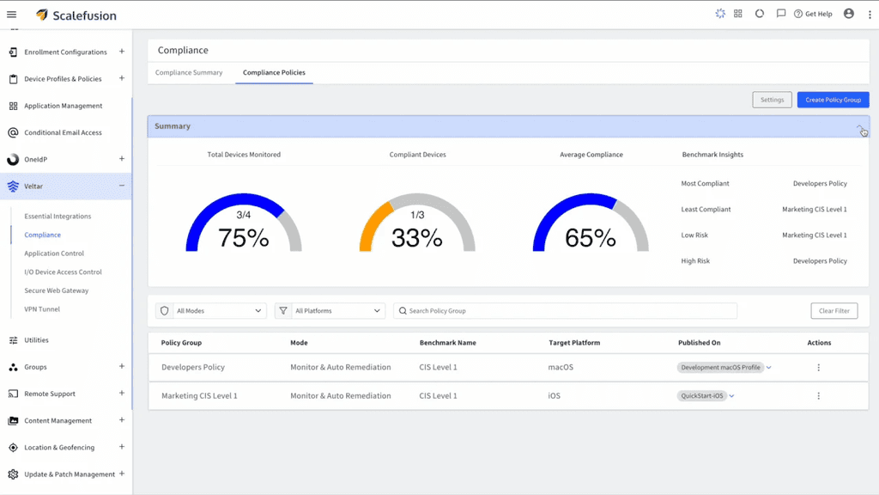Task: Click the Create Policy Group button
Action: pyautogui.click(x=833, y=100)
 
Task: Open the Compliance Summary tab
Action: pyautogui.click(x=189, y=72)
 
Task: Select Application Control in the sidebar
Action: pyautogui.click(x=54, y=254)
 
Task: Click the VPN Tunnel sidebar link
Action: pyautogui.click(x=42, y=309)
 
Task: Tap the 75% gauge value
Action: pyautogui.click(x=243, y=238)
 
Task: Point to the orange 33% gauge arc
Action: pyautogui.click(x=371, y=224)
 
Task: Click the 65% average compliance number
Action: pyautogui.click(x=591, y=238)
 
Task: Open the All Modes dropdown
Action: pyautogui.click(x=211, y=311)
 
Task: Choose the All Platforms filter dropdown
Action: pyautogui.click(x=330, y=311)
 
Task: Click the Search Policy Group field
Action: pyautogui.click(x=565, y=311)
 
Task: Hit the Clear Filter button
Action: pyautogui.click(x=834, y=311)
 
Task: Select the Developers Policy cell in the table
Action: pyautogui.click(x=193, y=367)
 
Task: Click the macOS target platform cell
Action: pyautogui.click(x=561, y=367)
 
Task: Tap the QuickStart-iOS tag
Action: pyautogui.click(x=702, y=395)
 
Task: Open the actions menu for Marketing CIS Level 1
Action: pyautogui.click(x=818, y=395)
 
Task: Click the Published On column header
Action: pyautogui.click(x=699, y=343)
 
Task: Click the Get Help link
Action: pyautogui.click(x=813, y=14)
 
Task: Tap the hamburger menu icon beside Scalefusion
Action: pyautogui.click(x=12, y=15)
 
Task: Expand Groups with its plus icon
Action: pyautogui.click(x=122, y=366)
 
